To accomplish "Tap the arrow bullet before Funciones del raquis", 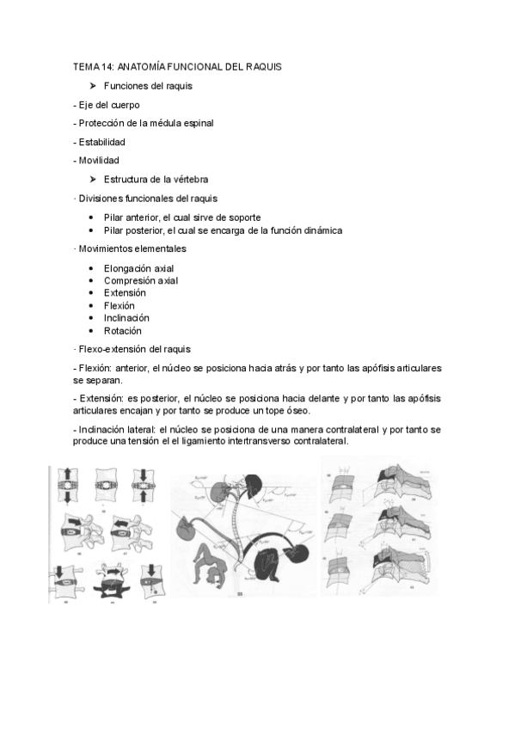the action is (x=92, y=85).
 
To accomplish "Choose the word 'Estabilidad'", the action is (x=101, y=142).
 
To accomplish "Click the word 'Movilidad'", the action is (x=98, y=161).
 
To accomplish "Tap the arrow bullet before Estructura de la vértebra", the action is (x=92, y=180).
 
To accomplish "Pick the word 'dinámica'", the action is (x=318, y=230).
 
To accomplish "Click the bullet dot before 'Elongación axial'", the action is (x=92, y=268).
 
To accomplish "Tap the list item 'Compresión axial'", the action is (x=141, y=280).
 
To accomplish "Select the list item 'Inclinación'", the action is (x=126, y=318).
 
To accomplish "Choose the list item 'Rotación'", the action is (x=123, y=330).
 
